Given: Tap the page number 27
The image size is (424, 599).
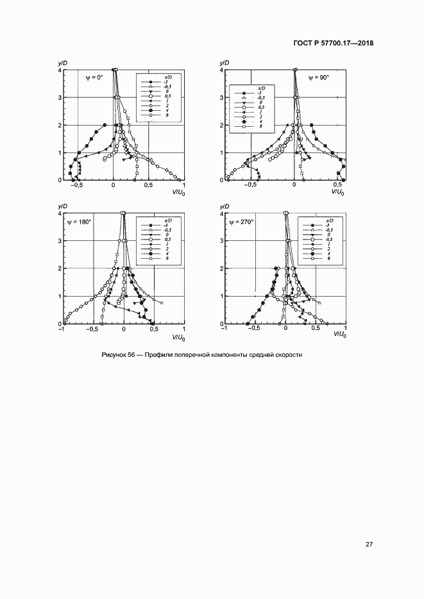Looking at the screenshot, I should (369, 545).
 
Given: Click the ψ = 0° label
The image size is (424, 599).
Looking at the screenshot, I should (94, 78).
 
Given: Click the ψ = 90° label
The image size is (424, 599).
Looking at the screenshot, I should (318, 78).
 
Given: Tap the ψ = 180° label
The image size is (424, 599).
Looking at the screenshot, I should (80, 222).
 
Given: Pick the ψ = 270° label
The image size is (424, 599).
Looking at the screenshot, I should (242, 222).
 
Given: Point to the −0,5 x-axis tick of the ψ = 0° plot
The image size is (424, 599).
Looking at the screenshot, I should (77, 186).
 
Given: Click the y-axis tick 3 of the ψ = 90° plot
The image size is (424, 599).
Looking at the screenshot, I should (222, 97).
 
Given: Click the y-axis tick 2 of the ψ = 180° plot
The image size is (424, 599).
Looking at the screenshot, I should (60, 268).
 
